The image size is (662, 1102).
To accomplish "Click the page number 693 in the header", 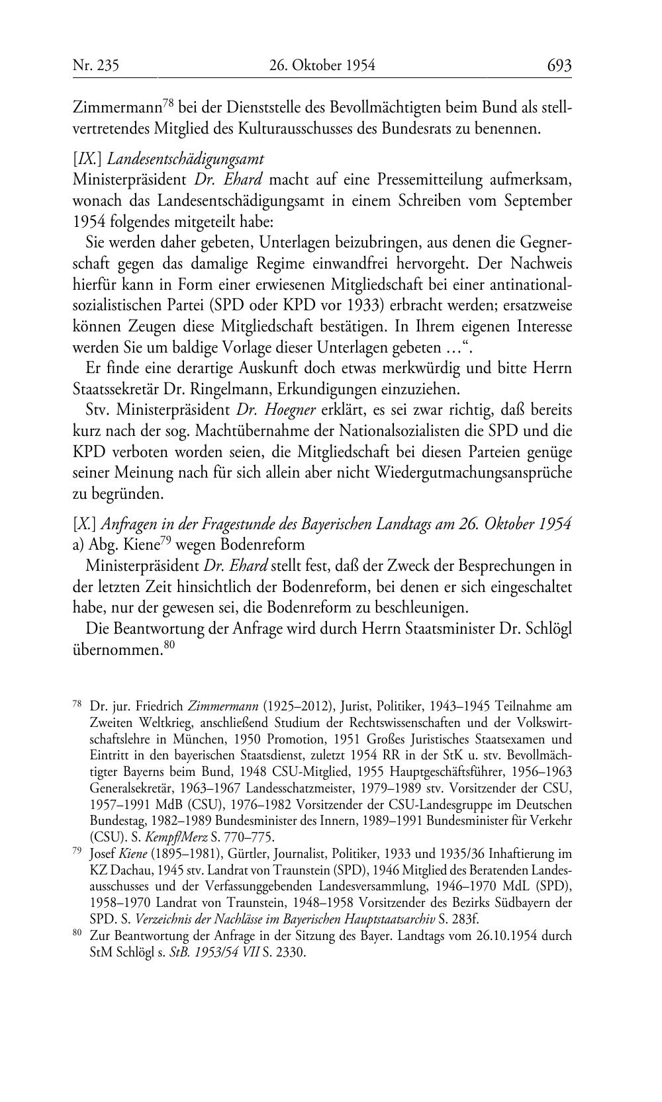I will pos(559,65).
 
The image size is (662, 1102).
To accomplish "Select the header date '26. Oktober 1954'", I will pos(322,65).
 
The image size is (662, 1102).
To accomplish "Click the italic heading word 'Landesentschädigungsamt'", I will pos(185,159).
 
